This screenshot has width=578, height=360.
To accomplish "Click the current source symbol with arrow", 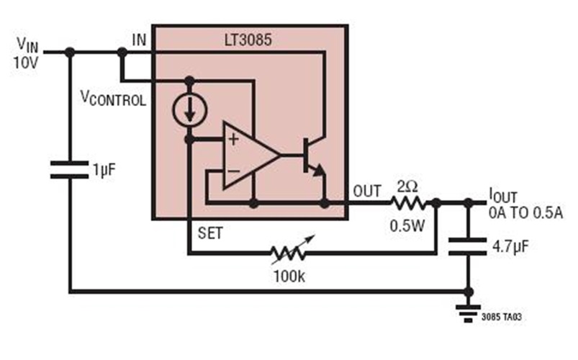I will point(189,110).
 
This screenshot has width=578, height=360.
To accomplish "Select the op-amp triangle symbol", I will point(248,155).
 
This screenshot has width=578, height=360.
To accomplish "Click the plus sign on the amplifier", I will point(233,139).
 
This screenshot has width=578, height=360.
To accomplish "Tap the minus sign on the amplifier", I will point(233,171).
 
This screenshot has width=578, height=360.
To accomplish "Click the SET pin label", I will point(210,232).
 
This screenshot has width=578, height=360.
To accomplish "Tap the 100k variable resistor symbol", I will point(289,253).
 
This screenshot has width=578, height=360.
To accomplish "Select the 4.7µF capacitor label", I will point(512,247).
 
